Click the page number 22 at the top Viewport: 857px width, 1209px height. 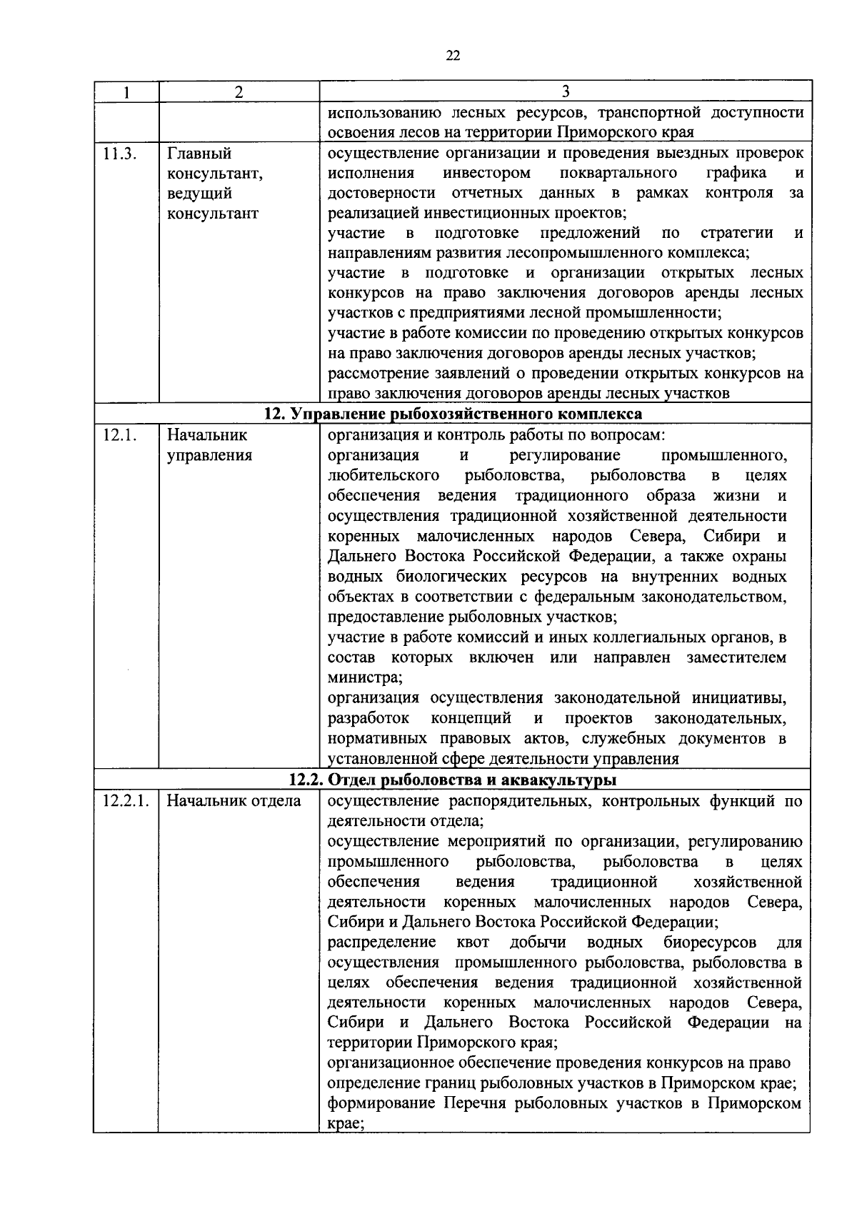click(x=452, y=56)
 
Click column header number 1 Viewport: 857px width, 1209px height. click(x=126, y=91)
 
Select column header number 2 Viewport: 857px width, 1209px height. click(x=239, y=91)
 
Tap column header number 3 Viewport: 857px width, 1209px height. click(x=565, y=91)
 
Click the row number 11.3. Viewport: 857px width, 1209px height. click(x=119, y=153)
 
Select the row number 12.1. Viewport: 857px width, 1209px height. click(x=119, y=435)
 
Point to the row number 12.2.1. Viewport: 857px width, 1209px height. click(x=125, y=801)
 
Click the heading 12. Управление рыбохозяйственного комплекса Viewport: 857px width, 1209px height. click(x=453, y=414)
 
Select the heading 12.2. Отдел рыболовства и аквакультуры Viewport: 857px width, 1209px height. click(x=453, y=780)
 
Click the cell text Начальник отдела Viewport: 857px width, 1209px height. click(x=234, y=801)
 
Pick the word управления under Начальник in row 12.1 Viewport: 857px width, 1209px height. click(x=209, y=455)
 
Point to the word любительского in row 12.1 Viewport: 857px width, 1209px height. click(x=383, y=476)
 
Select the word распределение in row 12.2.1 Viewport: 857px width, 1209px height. click(x=381, y=942)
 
